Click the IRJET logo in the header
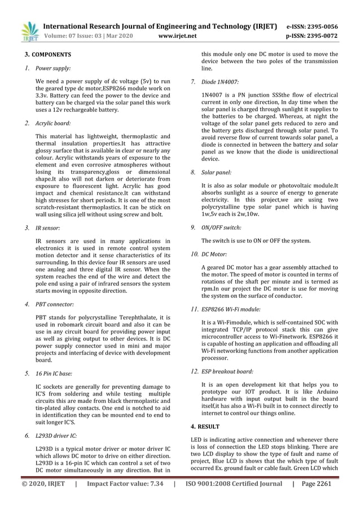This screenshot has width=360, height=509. pyautogui.click(x=29, y=32)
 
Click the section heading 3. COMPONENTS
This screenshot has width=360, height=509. pyautogui.click(x=47, y=55)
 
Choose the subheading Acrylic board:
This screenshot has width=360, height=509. pyautogui.click(x=53, y=122)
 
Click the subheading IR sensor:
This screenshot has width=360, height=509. pyautogui.click(x=47, y=229)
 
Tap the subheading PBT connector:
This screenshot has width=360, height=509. pyautogui.click(x=54, y=304)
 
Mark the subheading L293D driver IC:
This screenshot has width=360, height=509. pyautogui.click(x=56, y=436)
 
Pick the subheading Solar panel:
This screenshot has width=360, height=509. pyautogui.click(x=216, y=172)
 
